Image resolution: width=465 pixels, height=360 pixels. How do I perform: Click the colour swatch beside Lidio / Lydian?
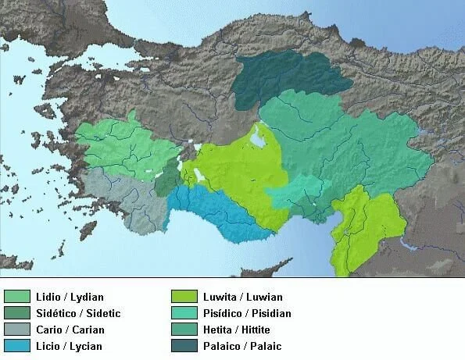16,297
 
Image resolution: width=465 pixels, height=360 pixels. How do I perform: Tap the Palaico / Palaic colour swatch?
183,345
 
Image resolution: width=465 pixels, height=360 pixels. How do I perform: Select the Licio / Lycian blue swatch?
16,345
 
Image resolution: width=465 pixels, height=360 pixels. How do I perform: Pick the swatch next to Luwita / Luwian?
183,297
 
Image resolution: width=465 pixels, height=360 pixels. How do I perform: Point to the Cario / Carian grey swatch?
16,330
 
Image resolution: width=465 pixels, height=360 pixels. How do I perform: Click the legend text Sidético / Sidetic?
78,313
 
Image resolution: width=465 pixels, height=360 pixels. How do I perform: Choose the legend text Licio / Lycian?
69,345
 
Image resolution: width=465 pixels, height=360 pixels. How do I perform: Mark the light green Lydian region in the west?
125,148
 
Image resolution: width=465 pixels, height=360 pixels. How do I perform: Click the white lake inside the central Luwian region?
257,140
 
